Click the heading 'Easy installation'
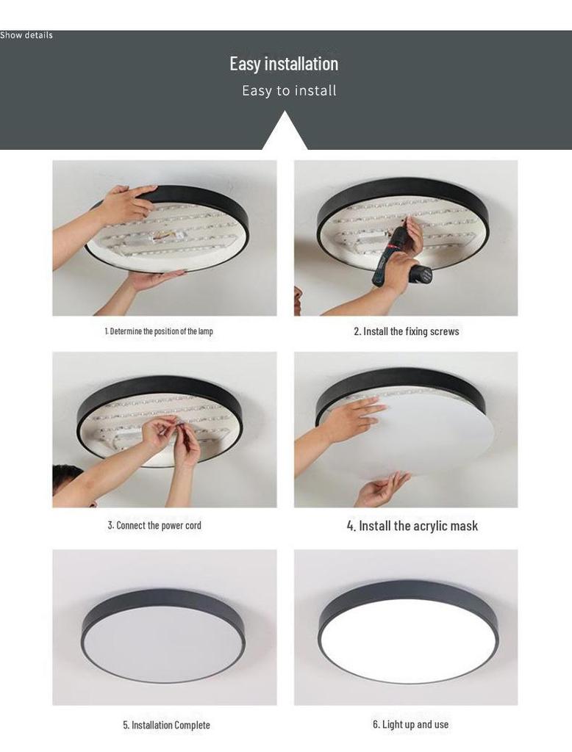(x=284, y=64)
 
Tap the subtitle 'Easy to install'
(x=289, y=90)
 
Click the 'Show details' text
(x=26, y=35)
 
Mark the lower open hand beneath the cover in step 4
(x=382, y=489)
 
